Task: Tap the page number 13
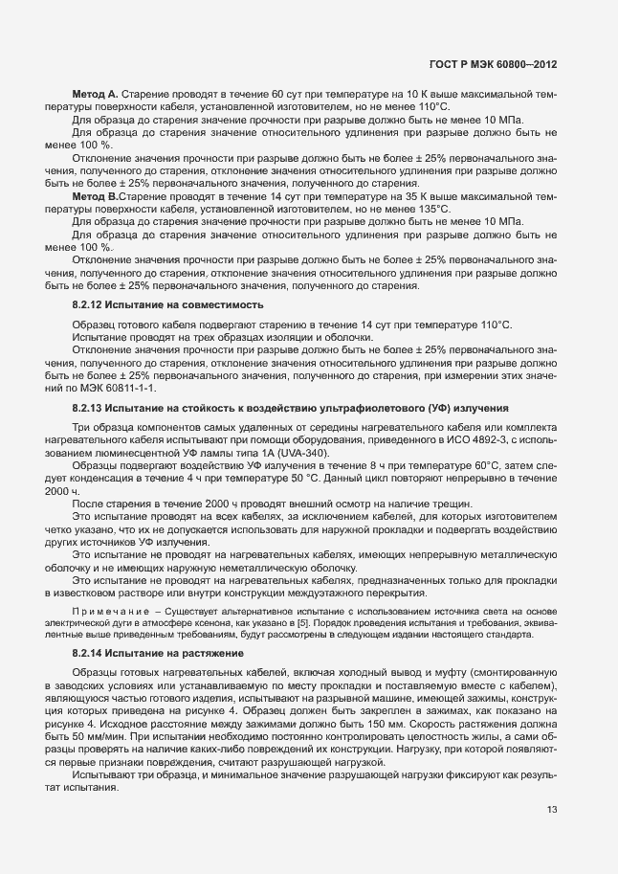[551, 811]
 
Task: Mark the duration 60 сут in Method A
[287, 94]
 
